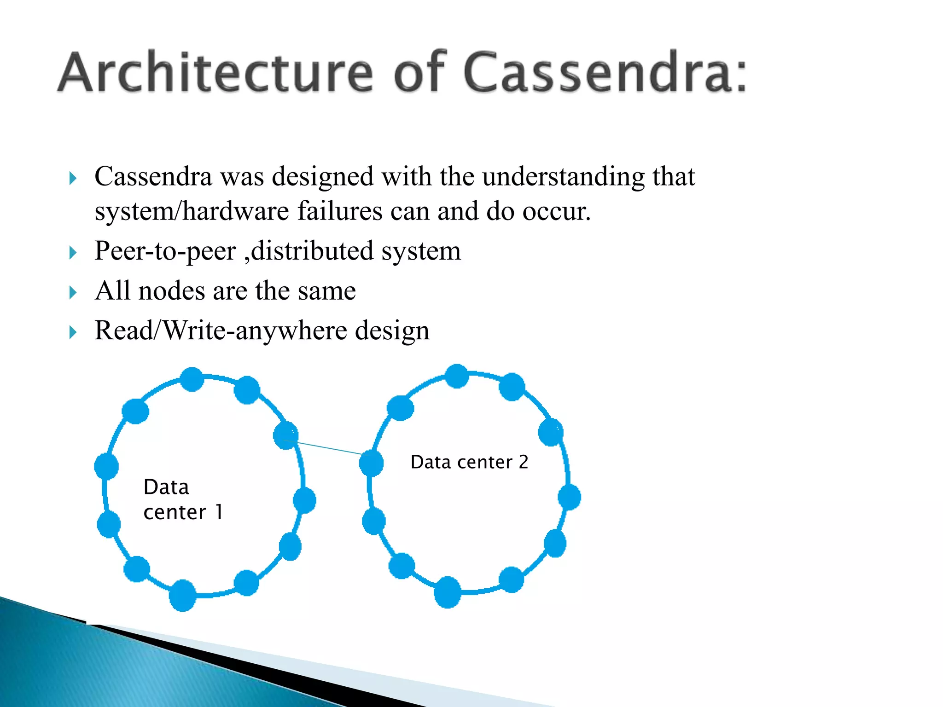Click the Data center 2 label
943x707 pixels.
pos(469,462)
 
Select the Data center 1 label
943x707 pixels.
pos(183,499)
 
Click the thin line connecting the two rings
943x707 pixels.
pos(329,447)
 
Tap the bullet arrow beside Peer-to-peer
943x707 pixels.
pos(73,252)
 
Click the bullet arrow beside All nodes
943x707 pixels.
pos(73,292)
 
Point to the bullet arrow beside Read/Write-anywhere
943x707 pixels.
pos(73,332)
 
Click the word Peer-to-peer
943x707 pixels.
pos(165,251)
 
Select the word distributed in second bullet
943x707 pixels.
pos(312,251)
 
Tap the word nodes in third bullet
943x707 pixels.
pos(171,291)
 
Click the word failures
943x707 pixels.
pos(339,211)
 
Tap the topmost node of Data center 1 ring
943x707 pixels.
pos(192,379)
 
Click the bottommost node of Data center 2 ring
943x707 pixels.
pos(448,592)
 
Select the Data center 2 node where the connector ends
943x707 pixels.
pos(371,463)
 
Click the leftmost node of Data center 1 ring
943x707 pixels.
pos(106,466)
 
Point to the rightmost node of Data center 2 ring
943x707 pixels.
pos(569,497)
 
